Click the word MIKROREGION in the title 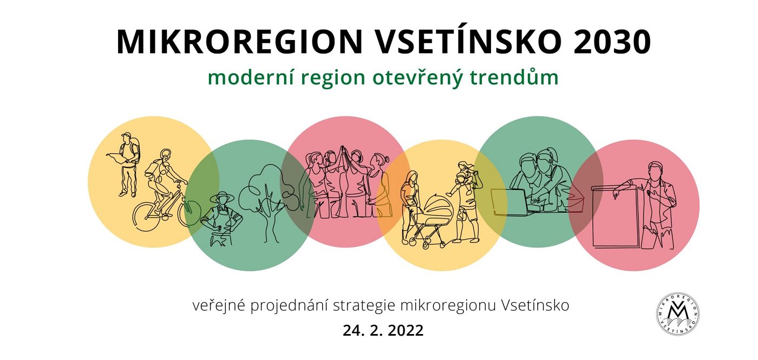pyautogui.click(x=240, y=42)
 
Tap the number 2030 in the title pyautogui.click(x=612, y=42)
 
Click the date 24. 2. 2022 pyautogui.click(x=383, y=330)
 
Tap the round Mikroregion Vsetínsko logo pyautogui.click(x=678, y=314)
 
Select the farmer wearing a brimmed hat pyautogui.click(x=222, y=219)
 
